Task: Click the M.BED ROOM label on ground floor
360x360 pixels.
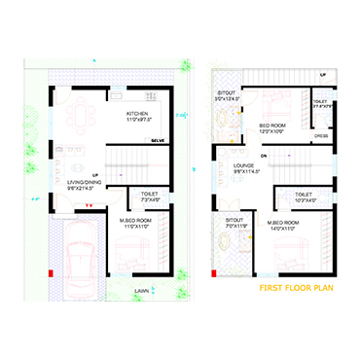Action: click(x=135, y=223)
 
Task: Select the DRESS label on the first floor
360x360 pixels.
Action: click(x=319, y=136)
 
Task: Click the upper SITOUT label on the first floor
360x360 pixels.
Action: click(x=226, y=94)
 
